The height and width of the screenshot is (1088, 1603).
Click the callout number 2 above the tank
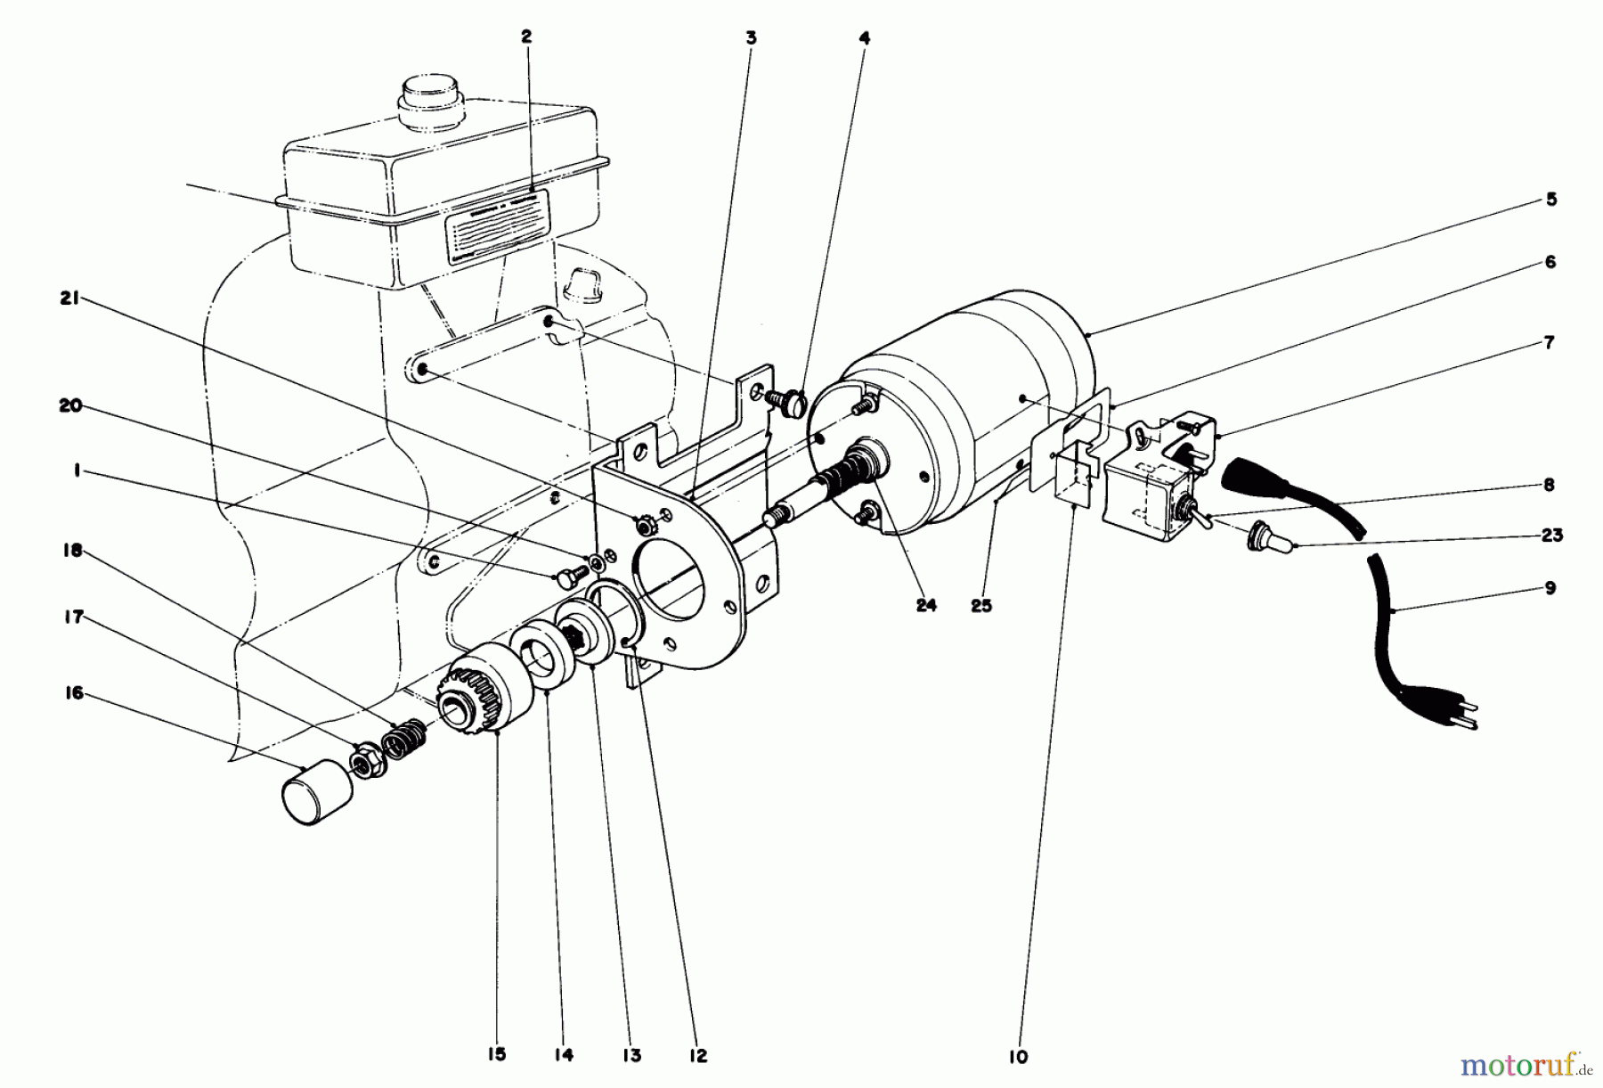click(x=526, y=37)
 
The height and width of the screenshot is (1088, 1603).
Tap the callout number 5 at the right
click(x=1550, y=200)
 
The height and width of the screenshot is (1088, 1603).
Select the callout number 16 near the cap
click(x=74, y=692)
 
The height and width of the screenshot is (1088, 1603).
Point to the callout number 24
click(x=926, y=605)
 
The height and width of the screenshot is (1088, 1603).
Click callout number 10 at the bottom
click(x=1020, y=1057)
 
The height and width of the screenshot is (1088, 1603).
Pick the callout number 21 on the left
click(x=69, y=299)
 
